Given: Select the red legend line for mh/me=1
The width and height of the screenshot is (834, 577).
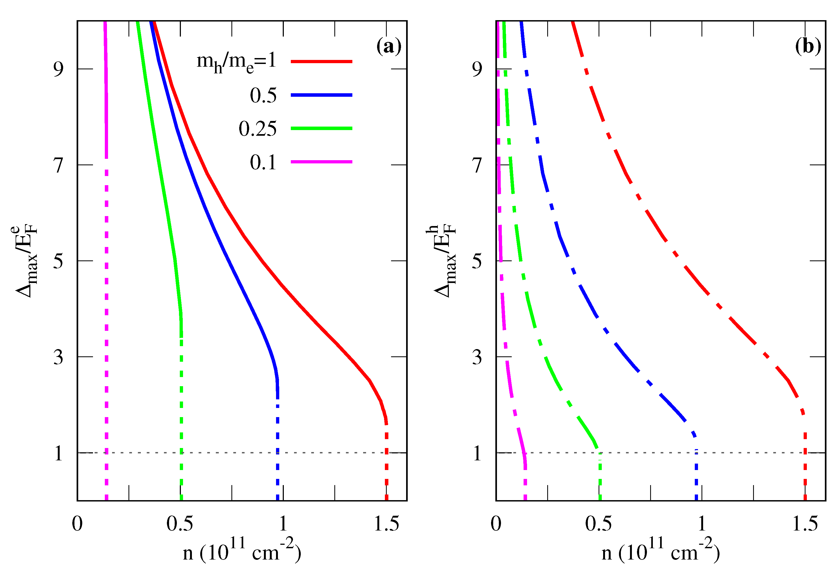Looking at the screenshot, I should (321, 62).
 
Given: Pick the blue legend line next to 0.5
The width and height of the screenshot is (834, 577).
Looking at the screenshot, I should (321, 95).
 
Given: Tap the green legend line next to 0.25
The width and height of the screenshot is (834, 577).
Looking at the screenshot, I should (321, 128).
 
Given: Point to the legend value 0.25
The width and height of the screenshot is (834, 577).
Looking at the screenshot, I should (257, 129).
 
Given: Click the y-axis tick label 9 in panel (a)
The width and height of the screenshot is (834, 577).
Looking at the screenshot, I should (58, 69).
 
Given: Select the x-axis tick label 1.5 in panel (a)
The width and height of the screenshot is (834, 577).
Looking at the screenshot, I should (386, 524).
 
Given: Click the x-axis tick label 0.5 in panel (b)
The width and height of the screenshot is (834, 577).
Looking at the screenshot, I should (598, 524).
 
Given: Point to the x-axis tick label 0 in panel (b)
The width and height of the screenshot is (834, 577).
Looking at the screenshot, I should (496, 524).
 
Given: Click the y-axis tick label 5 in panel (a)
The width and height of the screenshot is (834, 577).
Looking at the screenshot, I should (58, 261).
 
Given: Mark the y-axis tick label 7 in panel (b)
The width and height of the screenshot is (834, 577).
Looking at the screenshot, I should (477, 165).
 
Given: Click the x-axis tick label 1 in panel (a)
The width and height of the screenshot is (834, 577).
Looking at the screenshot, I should (283, 524).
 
